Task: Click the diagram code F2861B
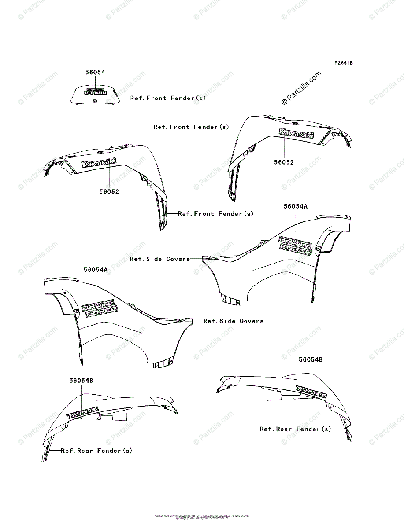pyautogui.click(x=344, y=63)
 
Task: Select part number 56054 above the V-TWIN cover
pyautogui.click(x=95, y=72)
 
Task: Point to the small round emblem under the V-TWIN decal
pyautogui.click(x=95, y=102)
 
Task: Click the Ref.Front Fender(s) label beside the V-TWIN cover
pyautogui.click(x=168, y=98)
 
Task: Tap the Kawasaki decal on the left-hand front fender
pyautogui.click(x=99, y=163)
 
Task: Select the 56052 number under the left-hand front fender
pyautogui.click(x=109, y=191)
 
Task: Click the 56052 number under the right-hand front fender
pyautogui.click(x=284, y=162)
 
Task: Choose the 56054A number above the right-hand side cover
pyautogui.click(x=295, y=206)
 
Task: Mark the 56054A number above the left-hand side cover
pyautogui.click(x=96, y=270)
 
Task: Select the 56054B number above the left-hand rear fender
pyautogui.click(x=81, y=380)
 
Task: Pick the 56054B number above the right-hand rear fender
pyautogui.click(x=311, y=359)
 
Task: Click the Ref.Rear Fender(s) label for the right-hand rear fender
pyautogui.click(x=295, y=429)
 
